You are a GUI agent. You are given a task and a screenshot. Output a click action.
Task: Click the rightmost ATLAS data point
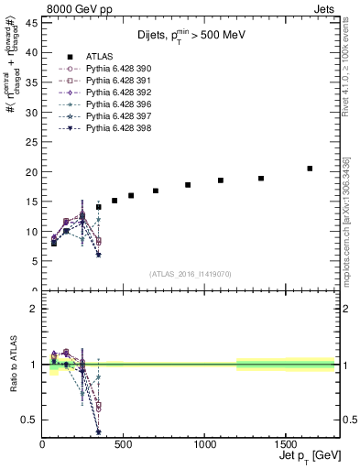(x=310, y=169)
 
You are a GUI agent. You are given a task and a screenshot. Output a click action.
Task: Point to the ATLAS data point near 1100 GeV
(x=221, y=180)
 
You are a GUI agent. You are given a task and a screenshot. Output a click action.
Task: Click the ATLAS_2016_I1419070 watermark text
(x=190, y=273)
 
